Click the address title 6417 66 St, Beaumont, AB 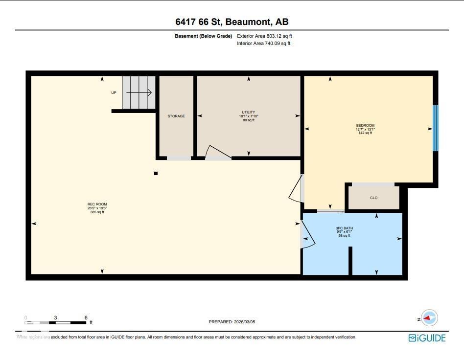point(232,22)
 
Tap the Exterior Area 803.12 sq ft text point(264,36)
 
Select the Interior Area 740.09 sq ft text point(264,44)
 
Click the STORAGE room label point(176,116)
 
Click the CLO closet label point(373,198)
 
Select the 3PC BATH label point(344,232)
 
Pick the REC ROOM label point(97,208)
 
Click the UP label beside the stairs point(114,92)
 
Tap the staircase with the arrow point(139,92)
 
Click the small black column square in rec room point(156,173)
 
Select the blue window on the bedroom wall point(435,128)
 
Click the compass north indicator point(429,318)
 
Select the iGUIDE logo point(427,338)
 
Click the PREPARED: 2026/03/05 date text point(232,322)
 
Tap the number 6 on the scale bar point(86,317)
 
